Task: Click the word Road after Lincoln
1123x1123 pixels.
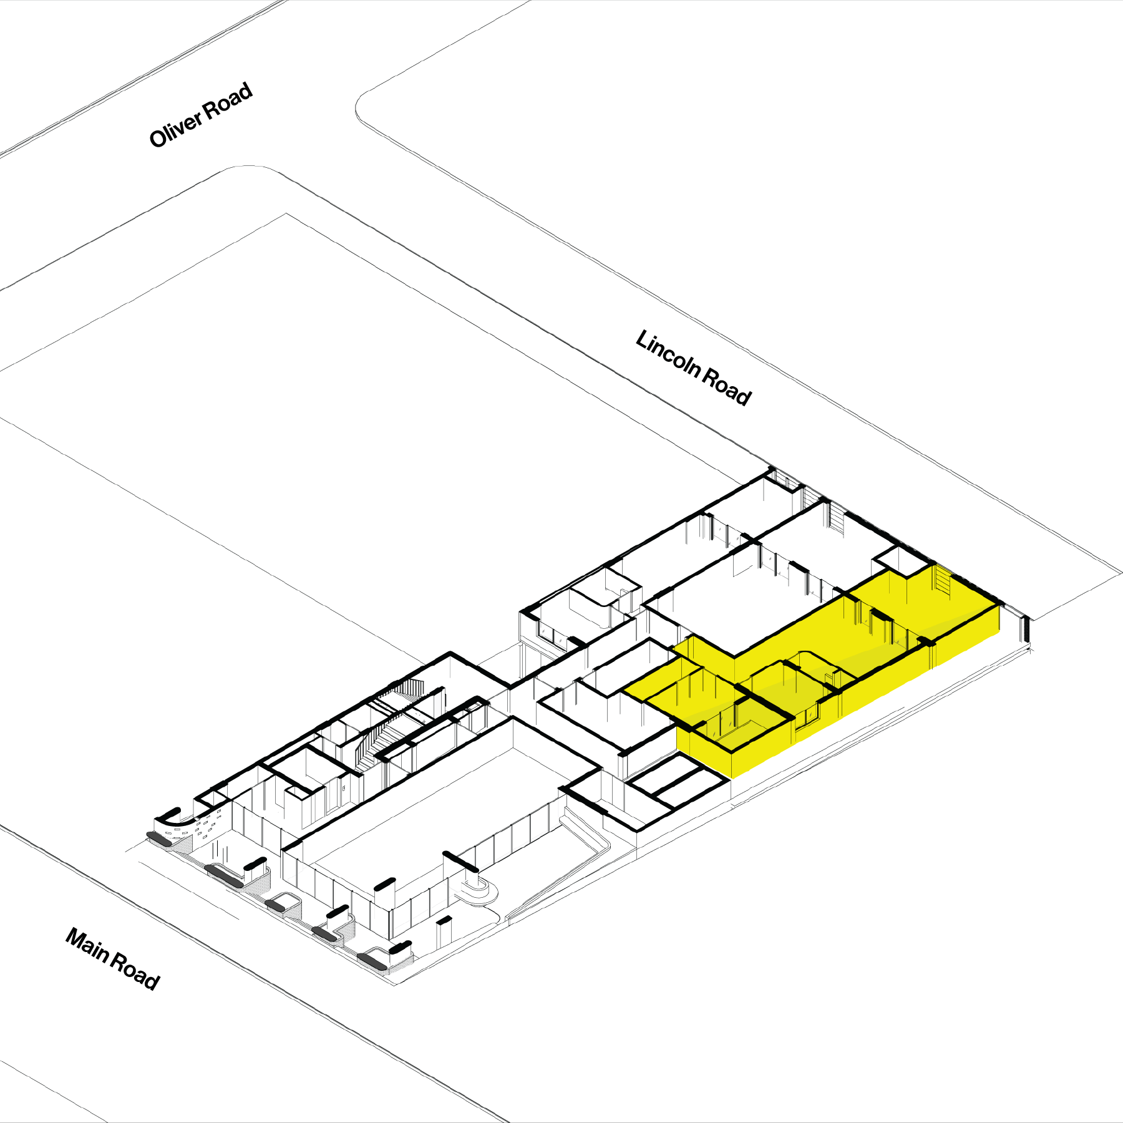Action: coord(727,386)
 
